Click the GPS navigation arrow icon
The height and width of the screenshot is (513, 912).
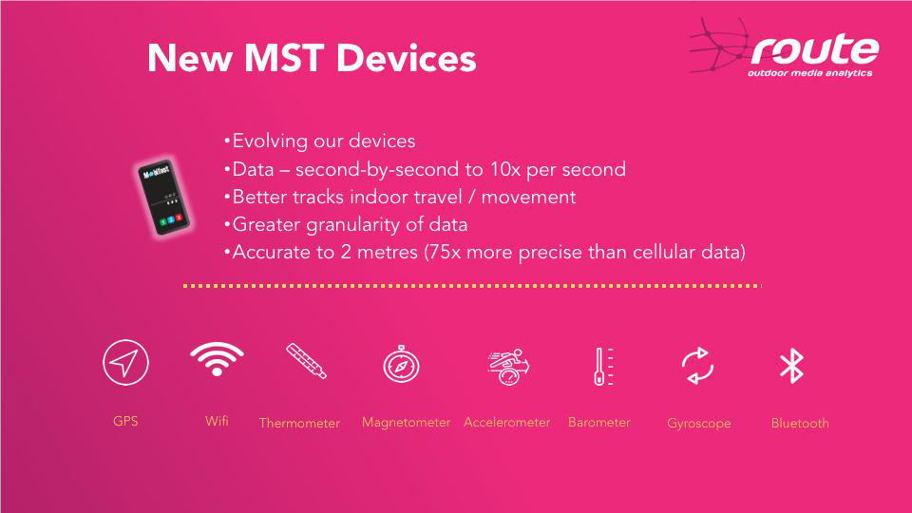(125, 362)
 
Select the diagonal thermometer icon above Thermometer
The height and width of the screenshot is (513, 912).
(307, 361)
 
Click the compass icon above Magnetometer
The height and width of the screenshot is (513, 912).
(401, 365)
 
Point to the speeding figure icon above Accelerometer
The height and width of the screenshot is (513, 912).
(508, 367)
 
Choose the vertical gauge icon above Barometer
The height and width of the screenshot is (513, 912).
(603, 367)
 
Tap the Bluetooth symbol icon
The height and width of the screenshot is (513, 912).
(791, 366)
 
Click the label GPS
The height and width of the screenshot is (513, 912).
(125, 421)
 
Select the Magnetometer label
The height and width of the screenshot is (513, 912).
(406, 423)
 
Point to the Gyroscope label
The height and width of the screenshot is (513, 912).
(699, 424)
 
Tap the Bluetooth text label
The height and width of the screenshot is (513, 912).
(800, 424)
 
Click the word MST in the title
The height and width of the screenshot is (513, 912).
(284, 58)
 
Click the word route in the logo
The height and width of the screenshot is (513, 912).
(815, 49)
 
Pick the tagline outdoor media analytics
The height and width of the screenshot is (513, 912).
(809, 73)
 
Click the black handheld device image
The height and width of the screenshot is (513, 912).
(163, 198)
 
